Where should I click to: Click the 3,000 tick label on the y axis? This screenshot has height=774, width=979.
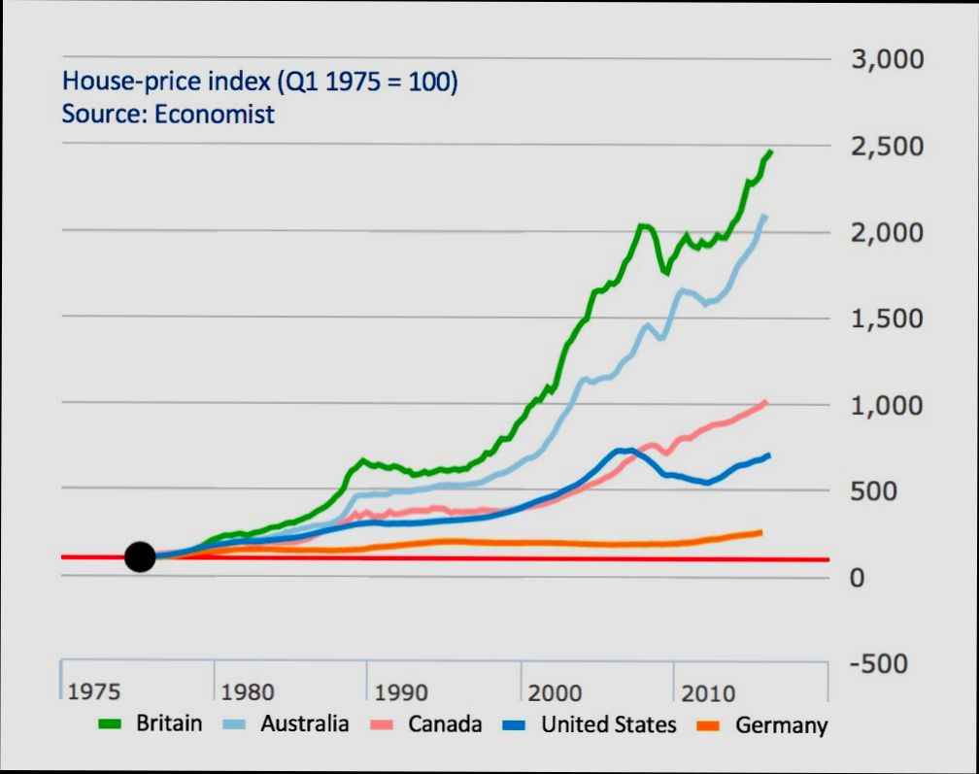[x=887, y=60]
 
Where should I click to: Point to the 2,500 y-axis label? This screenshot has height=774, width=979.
[x=887, y=147]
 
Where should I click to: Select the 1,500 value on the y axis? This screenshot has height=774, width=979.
[x=887, y=319]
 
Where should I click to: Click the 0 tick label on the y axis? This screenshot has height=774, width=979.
[x=857, y=577]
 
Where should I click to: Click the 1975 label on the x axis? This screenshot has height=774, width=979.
[x=94, y=692]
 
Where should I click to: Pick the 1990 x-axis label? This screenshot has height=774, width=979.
[x=401, y=693]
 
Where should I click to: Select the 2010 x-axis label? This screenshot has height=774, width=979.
[x=708, y=693]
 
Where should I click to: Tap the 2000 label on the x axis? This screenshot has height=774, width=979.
[x=555, y=693]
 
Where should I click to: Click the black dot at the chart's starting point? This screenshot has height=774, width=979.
[x=141, y=556]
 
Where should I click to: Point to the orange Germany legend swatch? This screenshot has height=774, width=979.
[x=711, y=724]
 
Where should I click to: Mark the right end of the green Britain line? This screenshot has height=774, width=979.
[x=770, y=151]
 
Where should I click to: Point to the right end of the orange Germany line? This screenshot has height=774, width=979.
[x=760, y=531]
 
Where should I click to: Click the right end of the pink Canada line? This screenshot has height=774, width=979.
[x=766, y=401]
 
